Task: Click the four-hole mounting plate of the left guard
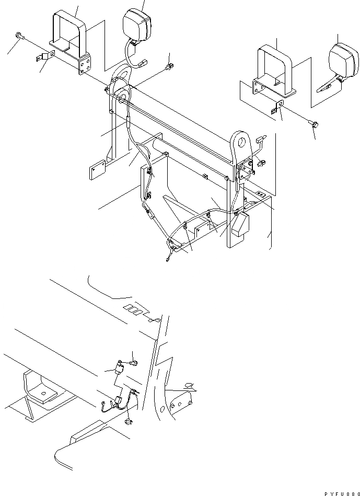pos(85,65)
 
